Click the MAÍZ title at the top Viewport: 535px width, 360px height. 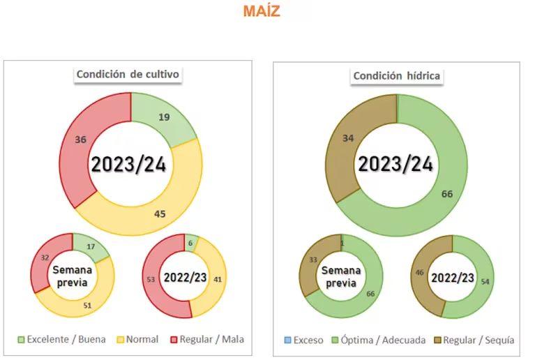tap(262, 12)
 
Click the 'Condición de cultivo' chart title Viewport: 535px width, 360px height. tap(130, 75)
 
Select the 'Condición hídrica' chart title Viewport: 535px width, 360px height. tap(397, 75)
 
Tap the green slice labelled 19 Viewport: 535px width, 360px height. tap(165, 118)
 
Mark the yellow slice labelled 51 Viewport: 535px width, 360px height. tap(86, 305)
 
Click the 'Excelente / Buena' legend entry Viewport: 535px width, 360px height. tap(63, 340)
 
